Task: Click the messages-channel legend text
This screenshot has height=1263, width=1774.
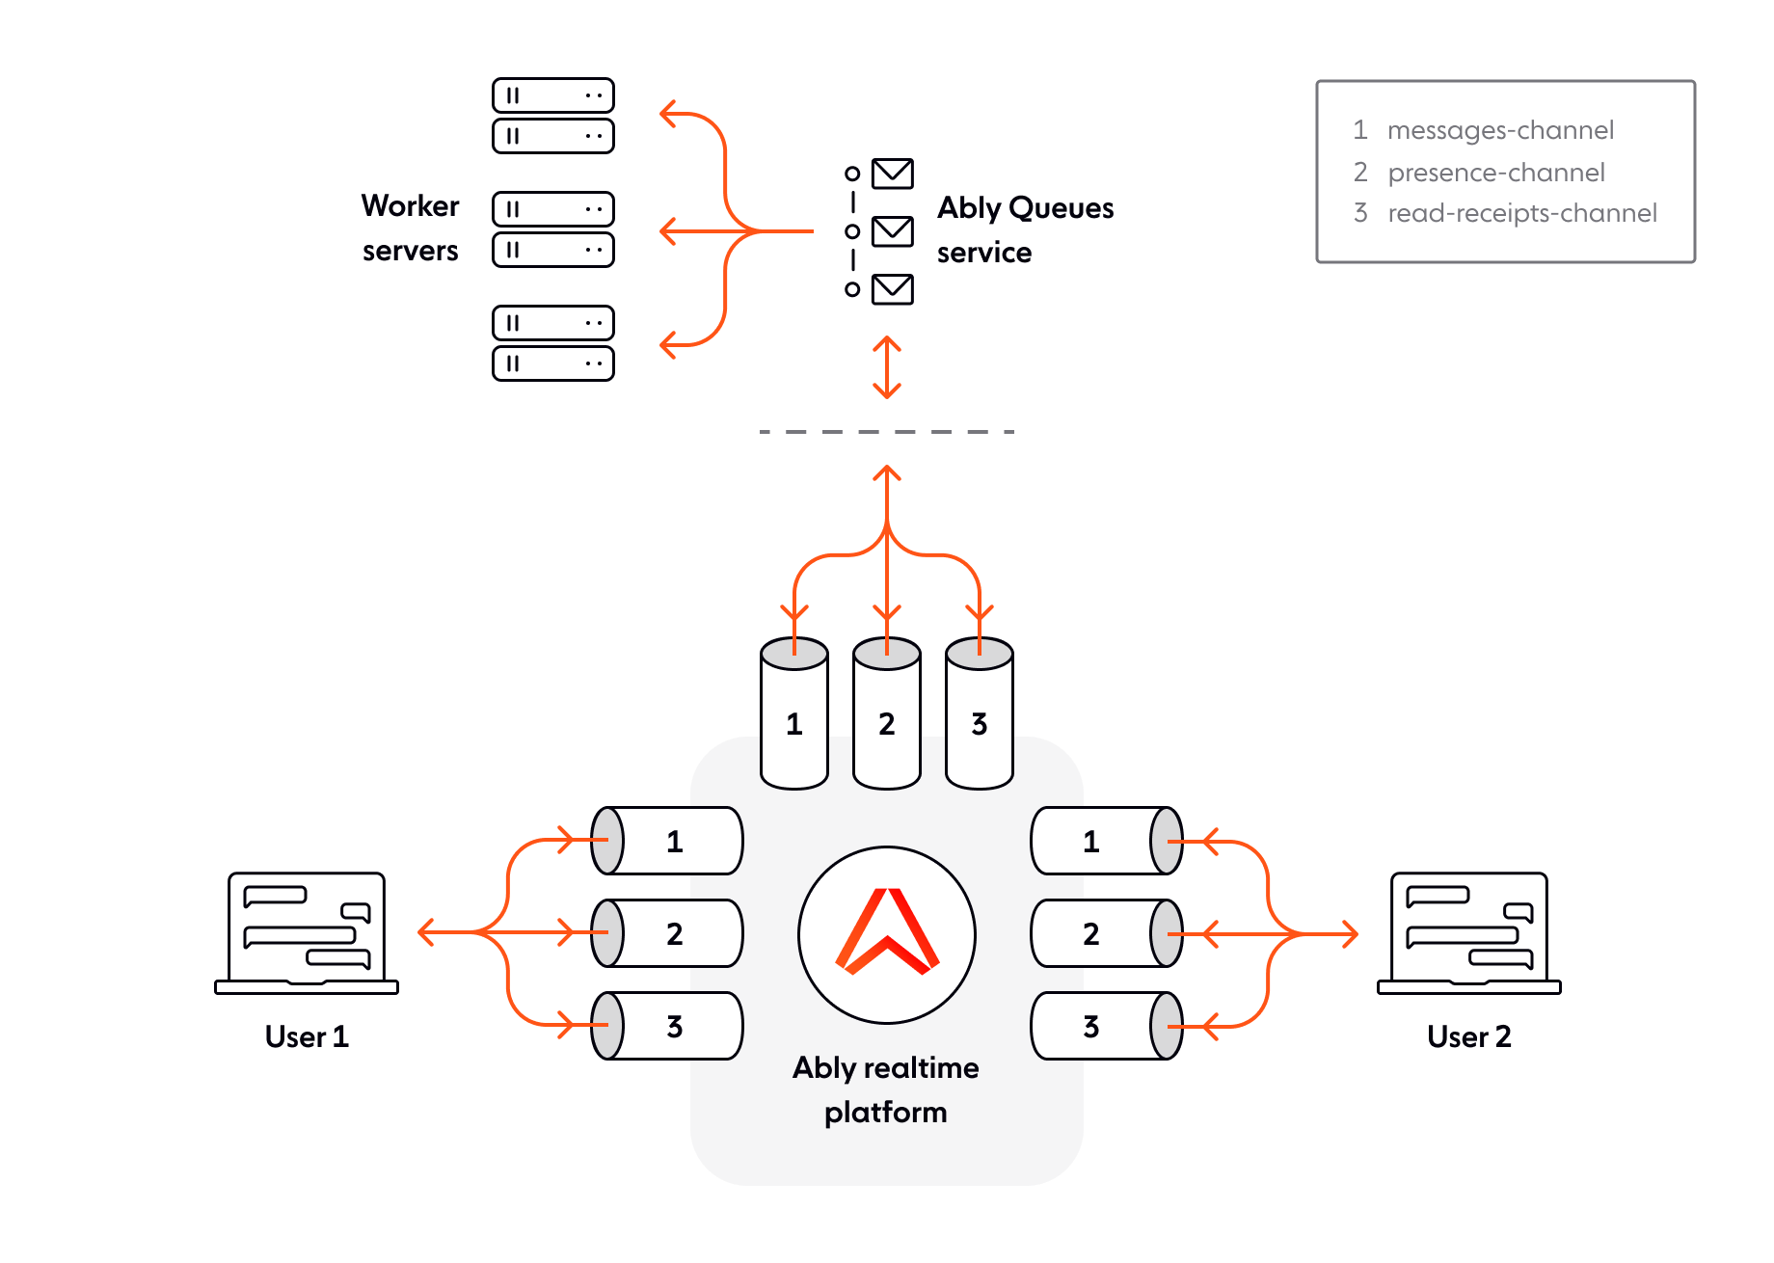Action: click(x=1500, y=131)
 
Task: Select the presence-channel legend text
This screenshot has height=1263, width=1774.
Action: click(x=1496, y=174)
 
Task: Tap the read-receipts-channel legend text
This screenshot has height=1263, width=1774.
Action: click(x=1522, y=214)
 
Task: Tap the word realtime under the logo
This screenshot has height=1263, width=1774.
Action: click(x=921, y=1068)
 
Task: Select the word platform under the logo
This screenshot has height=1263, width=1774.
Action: click(x=886, y=1113)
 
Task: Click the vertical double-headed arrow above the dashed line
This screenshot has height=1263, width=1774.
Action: click(x=887, y=367)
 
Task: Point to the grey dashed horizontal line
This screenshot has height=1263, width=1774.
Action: click(x=887, y=432)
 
